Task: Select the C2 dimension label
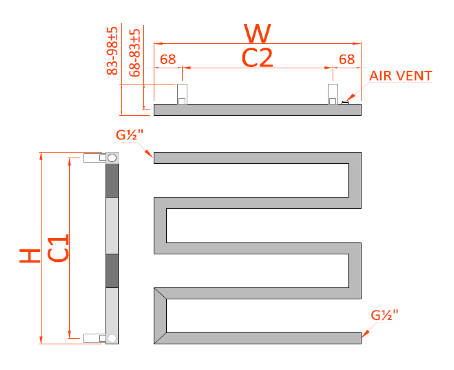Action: click(257, 58)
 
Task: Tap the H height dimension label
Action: click(30, 256)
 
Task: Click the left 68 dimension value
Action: click(168, 60)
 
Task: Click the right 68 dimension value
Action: click(347, 60)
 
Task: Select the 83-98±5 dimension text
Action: click(112, 51)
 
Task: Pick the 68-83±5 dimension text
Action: click(135, 53)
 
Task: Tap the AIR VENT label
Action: click(401, 76)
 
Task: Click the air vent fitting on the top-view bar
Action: click(345, 102)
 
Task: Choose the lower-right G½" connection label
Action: click(384, 315)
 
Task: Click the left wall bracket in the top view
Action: click(182, 94)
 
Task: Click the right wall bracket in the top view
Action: click(333, 94)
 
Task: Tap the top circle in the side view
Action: click(112, 158)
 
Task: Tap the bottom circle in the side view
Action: click(112, 339)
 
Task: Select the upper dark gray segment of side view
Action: click(112, 180)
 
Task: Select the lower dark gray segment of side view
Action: click(112, 271)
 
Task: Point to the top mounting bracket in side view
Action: click(94, 158)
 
